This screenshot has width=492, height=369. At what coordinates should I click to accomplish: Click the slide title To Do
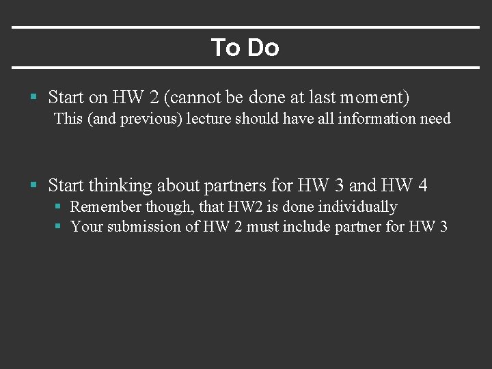pyautogui.click(x=245, y=48)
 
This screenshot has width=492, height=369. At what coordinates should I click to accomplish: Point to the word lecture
pyautogui.click(x=209, y=119)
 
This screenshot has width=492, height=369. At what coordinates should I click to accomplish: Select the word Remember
pyautogui.click(x=106, y=207)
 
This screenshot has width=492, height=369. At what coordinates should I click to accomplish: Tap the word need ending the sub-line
pyautogui.click(x=435, y=119)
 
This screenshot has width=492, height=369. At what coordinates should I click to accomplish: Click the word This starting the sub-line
pyautogui.click(x=68, y=119)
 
